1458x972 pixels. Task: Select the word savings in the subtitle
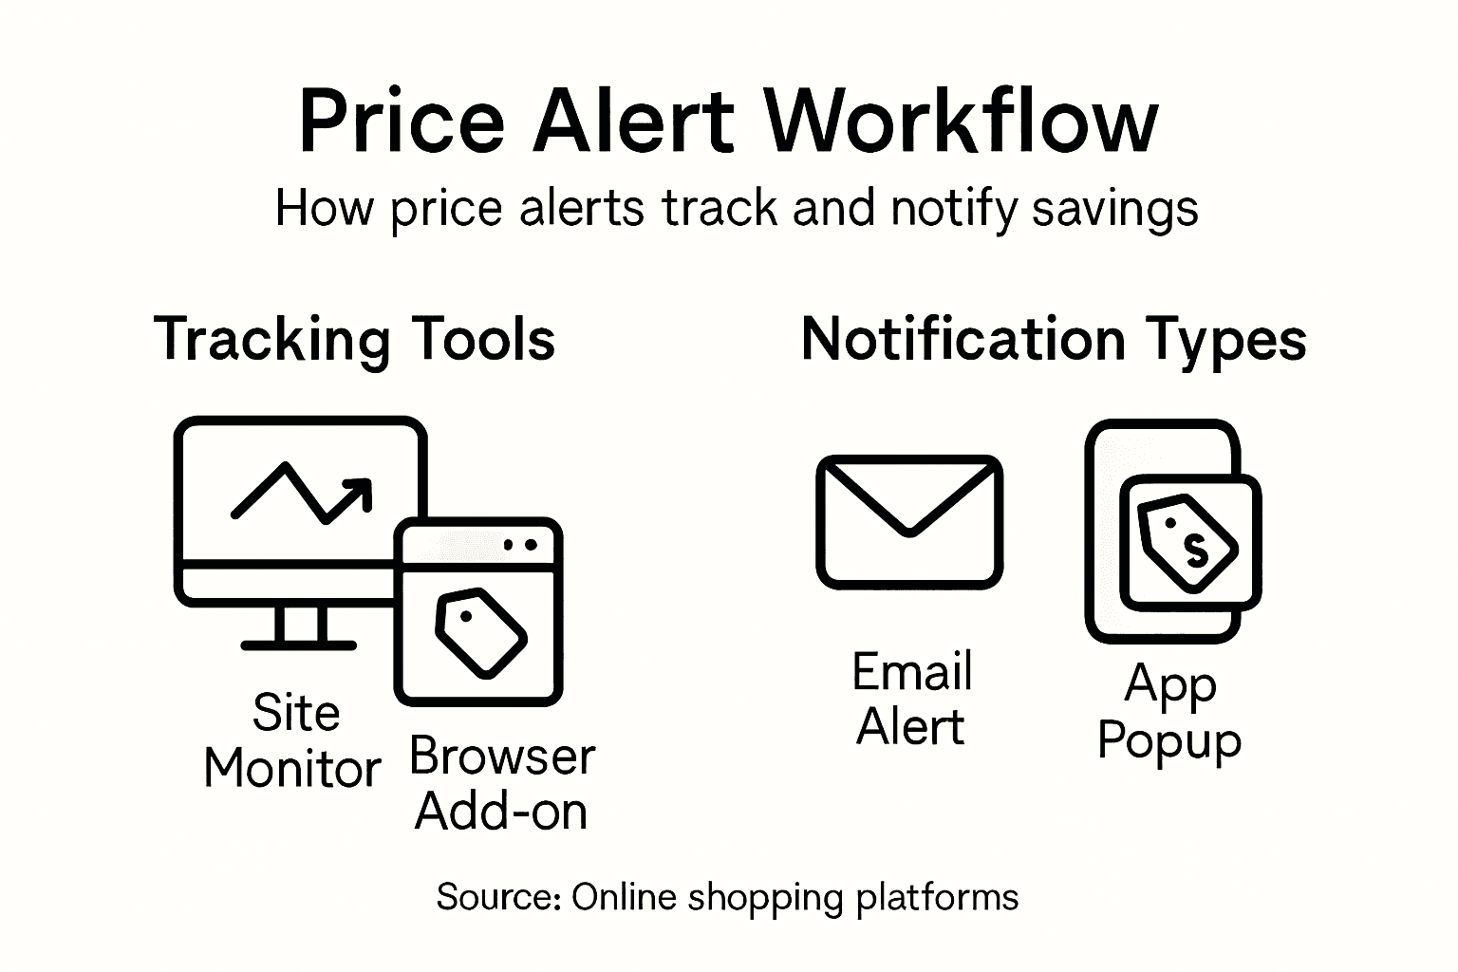click(1114, 208)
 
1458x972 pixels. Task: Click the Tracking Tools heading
click(354, 339)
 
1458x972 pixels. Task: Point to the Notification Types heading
click(1054, 339)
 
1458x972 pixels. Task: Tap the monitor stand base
click(298, 645)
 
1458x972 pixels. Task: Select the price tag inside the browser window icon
click(480, 632)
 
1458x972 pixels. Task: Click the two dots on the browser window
click(520, 545)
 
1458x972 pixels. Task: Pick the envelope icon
click(909, 522)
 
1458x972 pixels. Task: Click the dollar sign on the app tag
click(1194, 549)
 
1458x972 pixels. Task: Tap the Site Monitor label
click(293, 740)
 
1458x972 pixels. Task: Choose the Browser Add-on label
click(502, 784)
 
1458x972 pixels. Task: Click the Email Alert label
click(911, 700)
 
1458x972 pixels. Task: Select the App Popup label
click(1169, 712)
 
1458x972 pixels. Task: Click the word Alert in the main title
click(633, 121)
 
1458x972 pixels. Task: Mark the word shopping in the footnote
click(764, 898)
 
